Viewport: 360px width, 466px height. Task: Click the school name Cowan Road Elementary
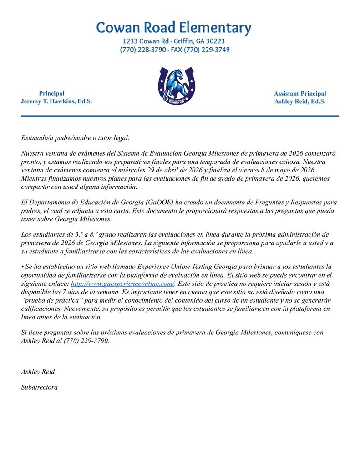173,28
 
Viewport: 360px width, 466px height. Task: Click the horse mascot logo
176,86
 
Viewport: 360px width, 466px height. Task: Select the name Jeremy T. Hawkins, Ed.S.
56,101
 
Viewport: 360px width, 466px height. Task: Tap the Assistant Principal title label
299,93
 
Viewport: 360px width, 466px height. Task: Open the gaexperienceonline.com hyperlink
123,283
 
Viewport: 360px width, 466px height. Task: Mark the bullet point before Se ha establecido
23,266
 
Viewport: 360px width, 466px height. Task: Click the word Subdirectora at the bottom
39,387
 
